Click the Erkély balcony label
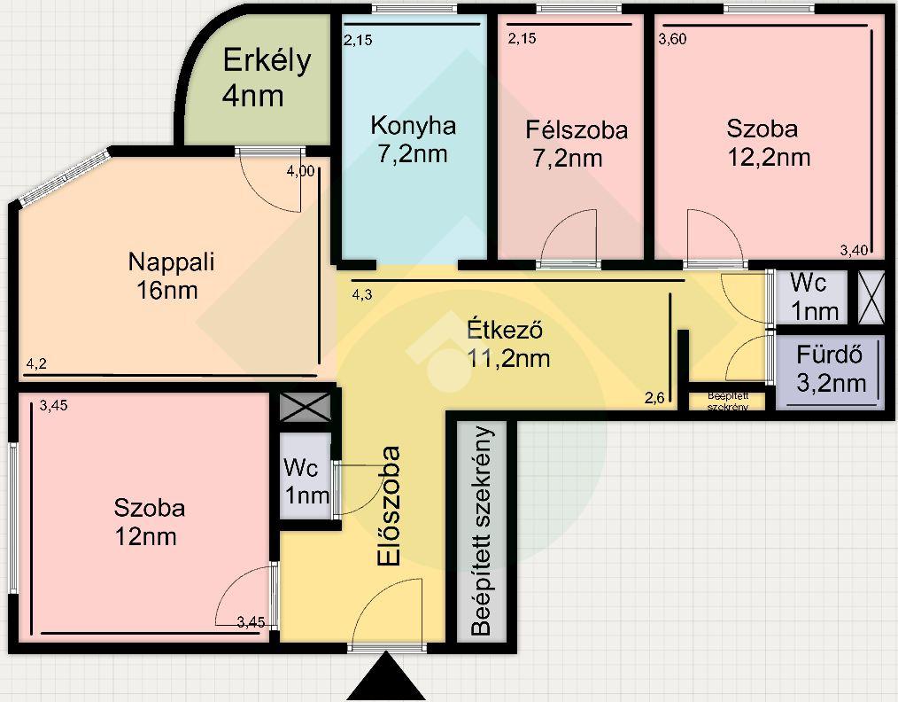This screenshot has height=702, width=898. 267,61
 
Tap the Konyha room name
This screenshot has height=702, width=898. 413,126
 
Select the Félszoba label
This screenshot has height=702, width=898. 577,130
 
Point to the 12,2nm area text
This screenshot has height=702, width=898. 769,157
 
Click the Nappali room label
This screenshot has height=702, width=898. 171,262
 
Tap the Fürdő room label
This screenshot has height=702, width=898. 829,355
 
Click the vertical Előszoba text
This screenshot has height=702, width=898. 389,507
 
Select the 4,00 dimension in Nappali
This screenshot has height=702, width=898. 300,171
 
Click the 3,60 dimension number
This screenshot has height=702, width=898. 672,39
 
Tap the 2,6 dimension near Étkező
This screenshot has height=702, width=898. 654,398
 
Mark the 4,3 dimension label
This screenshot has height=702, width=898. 362,295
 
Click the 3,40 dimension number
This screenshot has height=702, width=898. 854,250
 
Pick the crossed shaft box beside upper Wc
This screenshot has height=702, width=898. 871,297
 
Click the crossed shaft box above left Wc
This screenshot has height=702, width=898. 306,407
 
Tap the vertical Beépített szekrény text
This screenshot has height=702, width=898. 482,531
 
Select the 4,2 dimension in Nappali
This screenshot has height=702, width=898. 36,363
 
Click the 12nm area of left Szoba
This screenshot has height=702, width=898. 145,536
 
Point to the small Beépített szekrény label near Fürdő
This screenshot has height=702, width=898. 728,402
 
